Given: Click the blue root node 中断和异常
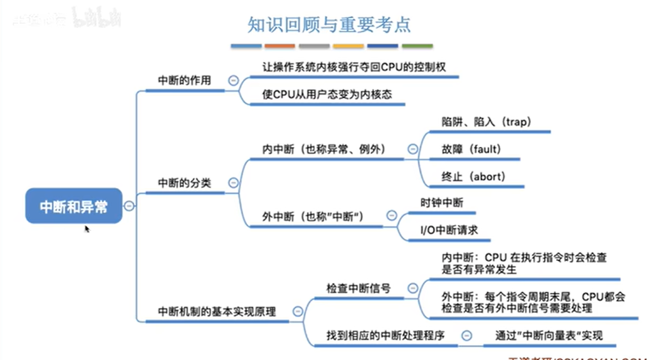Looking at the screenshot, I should [73, 206].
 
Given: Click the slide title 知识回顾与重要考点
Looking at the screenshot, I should [329, 24].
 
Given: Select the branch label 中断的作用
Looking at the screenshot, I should [184, 81].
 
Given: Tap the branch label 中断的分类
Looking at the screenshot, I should [184, 183].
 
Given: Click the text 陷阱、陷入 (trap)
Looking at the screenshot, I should [486, 122].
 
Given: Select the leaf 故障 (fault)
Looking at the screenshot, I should [471, 149].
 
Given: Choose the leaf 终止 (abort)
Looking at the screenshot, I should [474, 177].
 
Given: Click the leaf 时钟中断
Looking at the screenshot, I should [442, 203].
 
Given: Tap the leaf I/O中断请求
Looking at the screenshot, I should [449, 230].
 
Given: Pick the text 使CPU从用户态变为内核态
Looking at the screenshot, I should [327, 94].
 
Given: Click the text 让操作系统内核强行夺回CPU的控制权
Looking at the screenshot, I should [354, 67].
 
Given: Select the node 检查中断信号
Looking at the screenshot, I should [359, 289].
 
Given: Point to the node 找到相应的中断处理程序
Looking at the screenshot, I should [386, 335].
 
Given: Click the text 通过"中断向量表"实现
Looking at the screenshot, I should [549, 335].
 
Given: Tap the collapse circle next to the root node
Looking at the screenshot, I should [129, 206].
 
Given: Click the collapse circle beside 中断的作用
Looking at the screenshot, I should [233, 81].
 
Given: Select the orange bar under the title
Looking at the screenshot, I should [280, 46].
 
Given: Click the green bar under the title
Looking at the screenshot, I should [417, 46].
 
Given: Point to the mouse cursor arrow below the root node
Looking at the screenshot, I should [87, 229].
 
